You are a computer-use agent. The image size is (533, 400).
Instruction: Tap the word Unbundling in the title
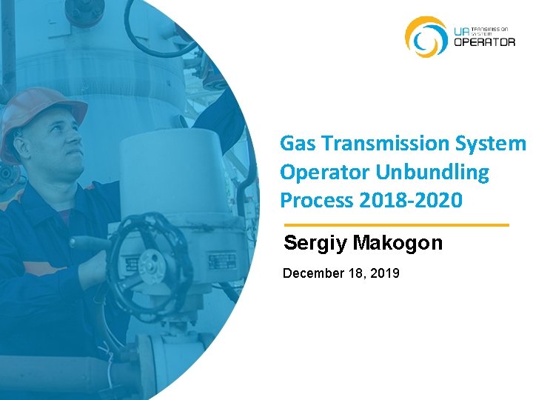click(x=432, y=172)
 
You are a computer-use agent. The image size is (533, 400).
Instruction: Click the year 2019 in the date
click(x=383, y=273)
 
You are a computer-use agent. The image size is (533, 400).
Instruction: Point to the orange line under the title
click(x=397, y=224)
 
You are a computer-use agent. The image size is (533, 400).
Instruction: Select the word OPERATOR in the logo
click(x=484, y=42)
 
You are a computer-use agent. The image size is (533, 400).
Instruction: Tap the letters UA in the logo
click(x=460, y=30)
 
